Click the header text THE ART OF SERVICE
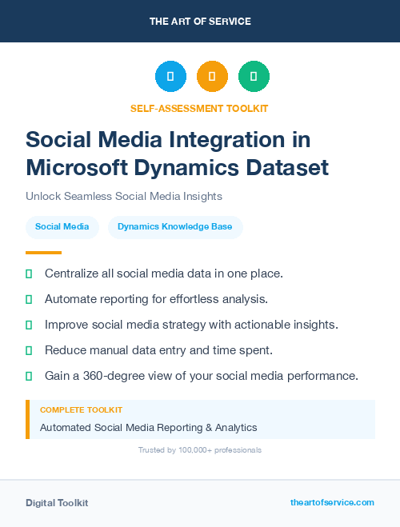point(200,22)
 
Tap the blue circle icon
point(170,77)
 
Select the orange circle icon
point(212,77)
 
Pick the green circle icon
point(254,77)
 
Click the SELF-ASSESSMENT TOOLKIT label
point(199,108)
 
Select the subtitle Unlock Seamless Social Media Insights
point(124,196)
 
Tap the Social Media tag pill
point(62,227)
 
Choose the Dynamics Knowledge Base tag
point(175,227)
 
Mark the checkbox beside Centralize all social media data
point(29,273)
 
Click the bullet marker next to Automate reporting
point(29,299)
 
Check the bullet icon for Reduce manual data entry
point(29,350)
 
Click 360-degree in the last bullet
point(111,376)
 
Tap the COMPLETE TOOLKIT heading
point(81,410)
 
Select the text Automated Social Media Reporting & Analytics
point(148,427)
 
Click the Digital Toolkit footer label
point(57,502)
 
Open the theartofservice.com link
point(332,502)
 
